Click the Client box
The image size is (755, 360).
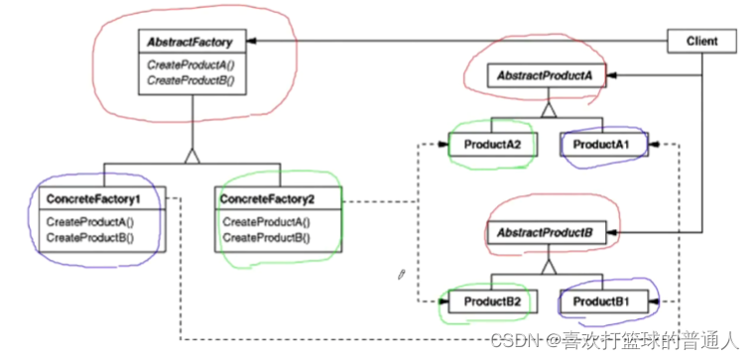pyautogui.click(x=701, y=42)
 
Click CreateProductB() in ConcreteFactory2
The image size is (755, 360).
pyautogui.click(x=266, y=238)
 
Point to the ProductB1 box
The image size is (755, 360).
pyautogui.click(x=601, y=300)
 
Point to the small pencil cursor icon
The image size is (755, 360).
pyautogui.click(x=402, y=273)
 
